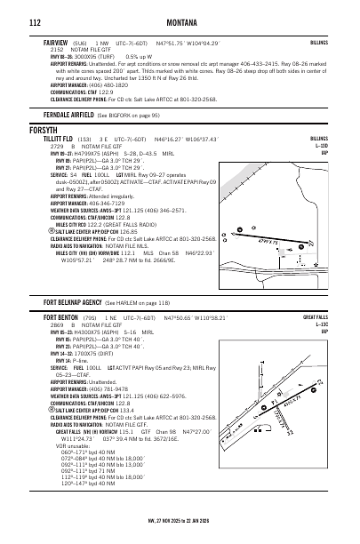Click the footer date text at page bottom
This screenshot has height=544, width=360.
coord(180,533)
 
